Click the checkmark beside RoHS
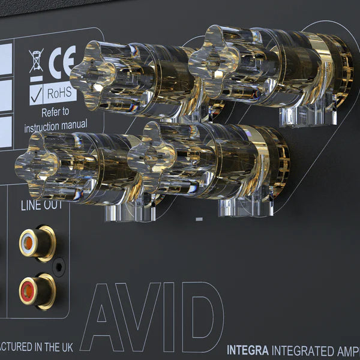[x=36, y=94]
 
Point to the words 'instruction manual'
[x=55, y=126]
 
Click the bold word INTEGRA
[x=248, y=350]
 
